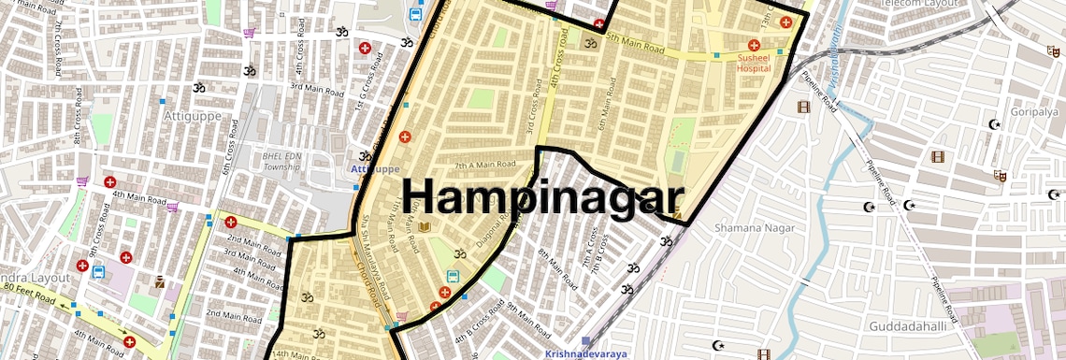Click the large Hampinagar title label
coord(546,198)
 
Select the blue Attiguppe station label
coord(375,169)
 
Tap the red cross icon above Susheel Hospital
coord(754,45)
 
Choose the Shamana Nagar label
coord(754,227)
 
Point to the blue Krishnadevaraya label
coord(583,353)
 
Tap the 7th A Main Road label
coord(485,165)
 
